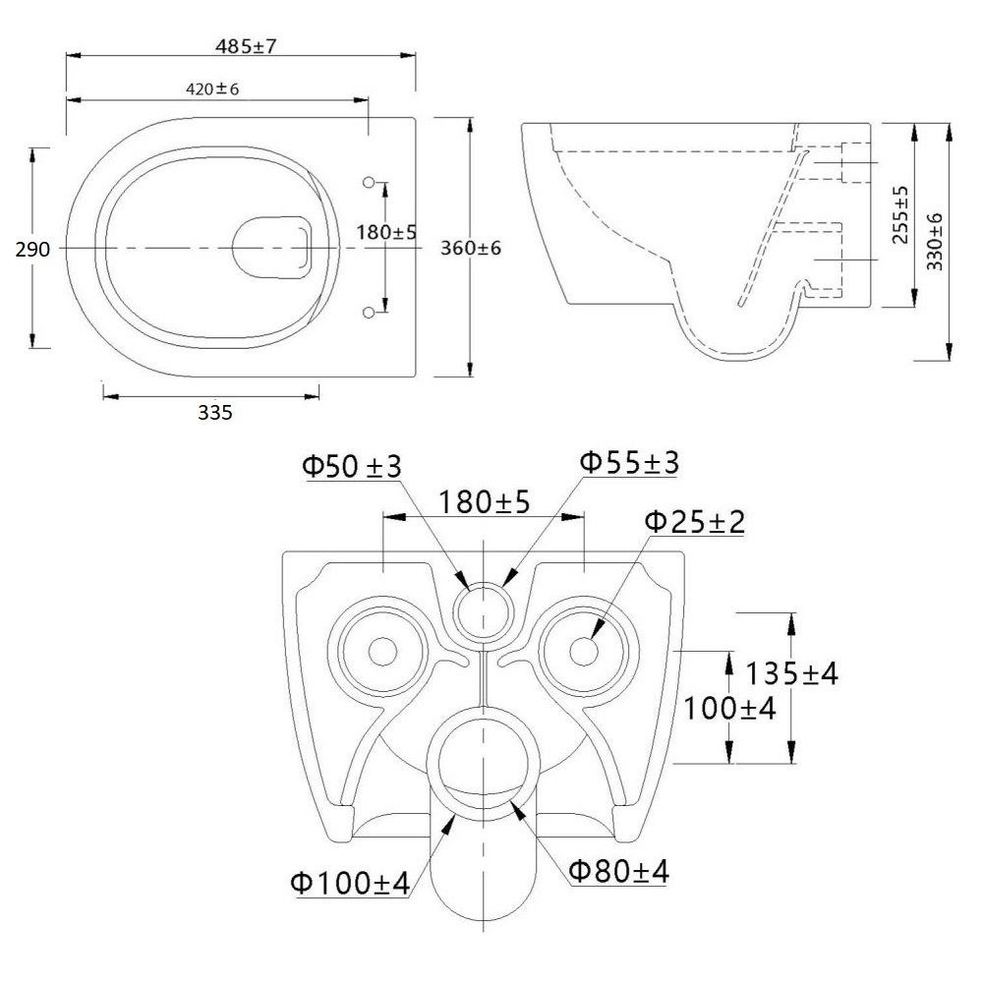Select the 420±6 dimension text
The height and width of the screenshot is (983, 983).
pyautogui.click(x=213, y=88)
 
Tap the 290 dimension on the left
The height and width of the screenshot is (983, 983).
pyautogui.click(x=32, y=250)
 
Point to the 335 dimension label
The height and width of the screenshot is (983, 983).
pyautogui.click(x=214, y=413)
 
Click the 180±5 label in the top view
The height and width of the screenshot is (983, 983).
pyautogui.click(x=385, y=233)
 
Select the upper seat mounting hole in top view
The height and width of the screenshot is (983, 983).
pyautogui.click(x=370, y=182)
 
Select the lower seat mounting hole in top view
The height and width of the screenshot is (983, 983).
pyautogui.click(x=370, y=312)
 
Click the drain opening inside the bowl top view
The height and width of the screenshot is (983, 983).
pyautogui.click(x=273, y=245)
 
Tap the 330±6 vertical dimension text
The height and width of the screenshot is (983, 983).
pyautogui.click(x=934, y=241)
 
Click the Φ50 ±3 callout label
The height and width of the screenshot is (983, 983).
pyautogui.click(x=352, y=466)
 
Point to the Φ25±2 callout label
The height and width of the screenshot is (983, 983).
pyautogui.click(x=694, y=521)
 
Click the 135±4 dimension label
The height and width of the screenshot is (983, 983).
pyautogui.click(x=791, y=674)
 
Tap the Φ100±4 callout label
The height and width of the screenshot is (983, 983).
pyautogui.click(x=349, y=884)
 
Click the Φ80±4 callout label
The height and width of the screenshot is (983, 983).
pyautogui.click(x=619, y=871)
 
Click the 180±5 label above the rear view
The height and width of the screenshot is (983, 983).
pyautogui.click(x=484, y=502)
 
